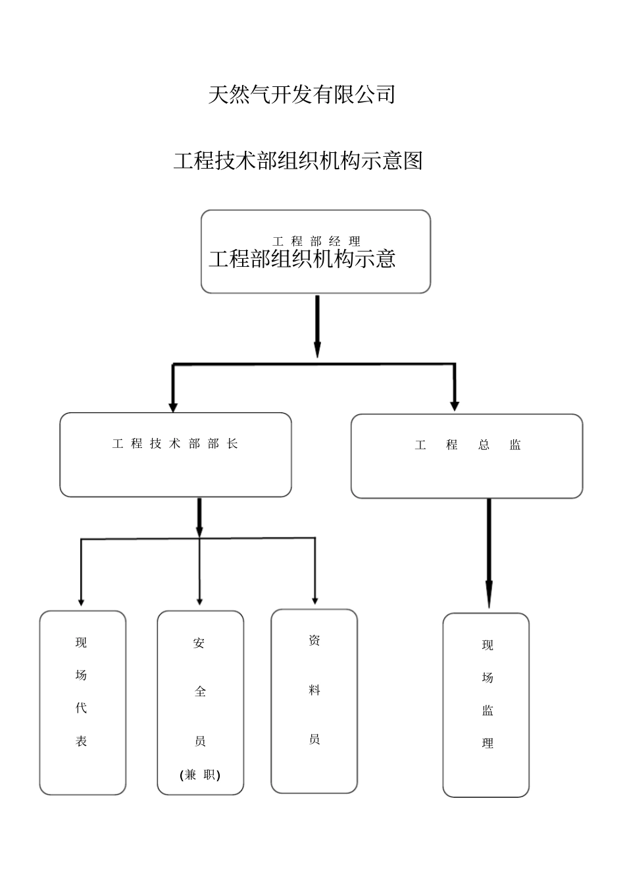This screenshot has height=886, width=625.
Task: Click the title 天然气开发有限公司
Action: click(x=301, y=95)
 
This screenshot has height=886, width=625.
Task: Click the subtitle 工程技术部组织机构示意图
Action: click(x=297, y=160)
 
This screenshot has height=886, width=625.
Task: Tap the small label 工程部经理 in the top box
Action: click(x=316, y=241)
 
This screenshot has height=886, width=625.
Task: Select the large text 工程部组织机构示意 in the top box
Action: click(x=302, y=259)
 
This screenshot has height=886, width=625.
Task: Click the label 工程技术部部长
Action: click(x=175, y=444)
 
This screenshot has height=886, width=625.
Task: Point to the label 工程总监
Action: click(x=467, y=445)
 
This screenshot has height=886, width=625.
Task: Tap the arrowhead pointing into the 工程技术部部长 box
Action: click(x=173, y=405)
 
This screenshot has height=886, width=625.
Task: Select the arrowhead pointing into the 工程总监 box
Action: click(x=454, y=405)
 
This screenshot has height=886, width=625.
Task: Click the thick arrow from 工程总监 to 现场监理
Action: click(x=489, y=553)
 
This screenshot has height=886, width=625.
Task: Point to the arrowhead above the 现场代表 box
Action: click(x=81, y=601)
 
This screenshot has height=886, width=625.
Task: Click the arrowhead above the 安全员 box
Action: click(x=199, y=601)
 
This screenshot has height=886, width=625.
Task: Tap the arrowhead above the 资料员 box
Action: click(x=314, y=600)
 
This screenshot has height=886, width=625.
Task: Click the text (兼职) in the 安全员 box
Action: click(x=200, y=775)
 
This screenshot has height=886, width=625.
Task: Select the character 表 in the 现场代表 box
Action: click(x=81, y=741)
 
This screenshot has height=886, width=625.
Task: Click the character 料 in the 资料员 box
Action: click(x=314, y=690)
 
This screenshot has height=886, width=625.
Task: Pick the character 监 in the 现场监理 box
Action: click(x=488, y=711)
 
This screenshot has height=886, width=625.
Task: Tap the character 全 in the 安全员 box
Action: click(x=200, y=692)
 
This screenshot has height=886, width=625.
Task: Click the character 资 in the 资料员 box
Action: click(x=314, y=640)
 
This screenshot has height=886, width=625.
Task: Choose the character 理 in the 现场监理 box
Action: click(x=488, y=743)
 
